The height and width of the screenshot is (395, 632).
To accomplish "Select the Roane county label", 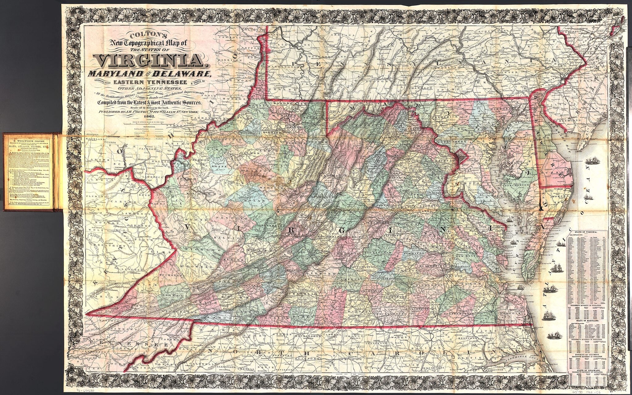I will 220,166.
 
